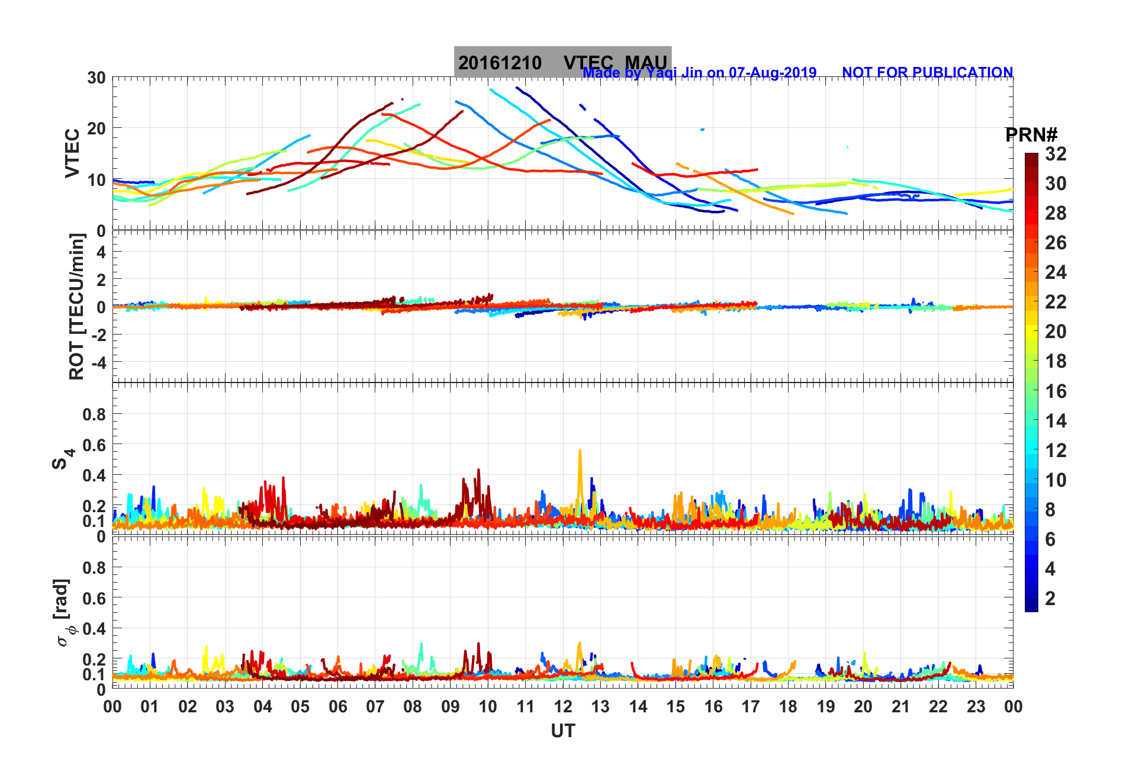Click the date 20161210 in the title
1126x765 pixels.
pyautogui.click(x=500, y=63)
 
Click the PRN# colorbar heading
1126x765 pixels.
pyautogui.click(x=1031, y=135)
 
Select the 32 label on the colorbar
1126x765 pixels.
pyautogui.click(x=1056, y=154)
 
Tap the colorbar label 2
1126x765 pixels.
pyautogui.click(x=1050, y=598)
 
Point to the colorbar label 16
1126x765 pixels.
pyautogui.click(x=1056, y=391)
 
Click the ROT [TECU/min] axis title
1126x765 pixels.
pyautogui.click(x=77, y=306)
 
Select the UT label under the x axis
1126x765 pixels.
pyautogui.click(x=562, y=731)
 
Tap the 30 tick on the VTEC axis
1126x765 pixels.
pyautogui.click(x=96, y=78)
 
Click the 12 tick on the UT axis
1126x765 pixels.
pyautogui.click(x=562, y=706)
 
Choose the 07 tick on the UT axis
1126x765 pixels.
pyautogui.click(x=375, y=706)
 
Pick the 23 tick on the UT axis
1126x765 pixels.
pyautogui.click(x=976, y=706)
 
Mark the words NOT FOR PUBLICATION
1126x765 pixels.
pyautogui.click(x=927, y=73)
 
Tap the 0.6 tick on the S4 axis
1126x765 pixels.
pyautogui.click(x=94, y=445)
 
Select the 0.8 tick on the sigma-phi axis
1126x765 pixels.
pyautogui.click(x=94, y=567)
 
